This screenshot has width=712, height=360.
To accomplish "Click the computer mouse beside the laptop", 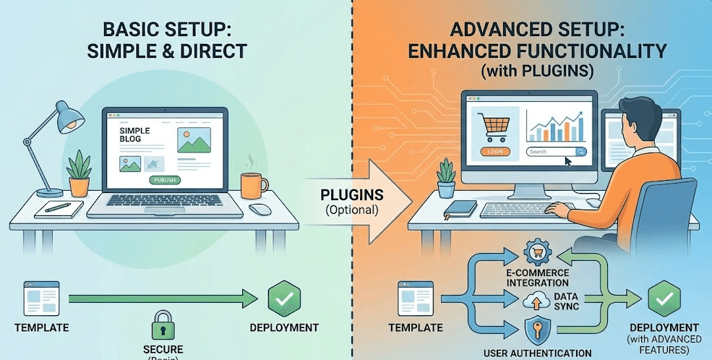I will pyautogui.click(x=260, y=209).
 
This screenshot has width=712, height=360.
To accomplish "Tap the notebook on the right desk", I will pyautogui.click(x=460, y=209).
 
